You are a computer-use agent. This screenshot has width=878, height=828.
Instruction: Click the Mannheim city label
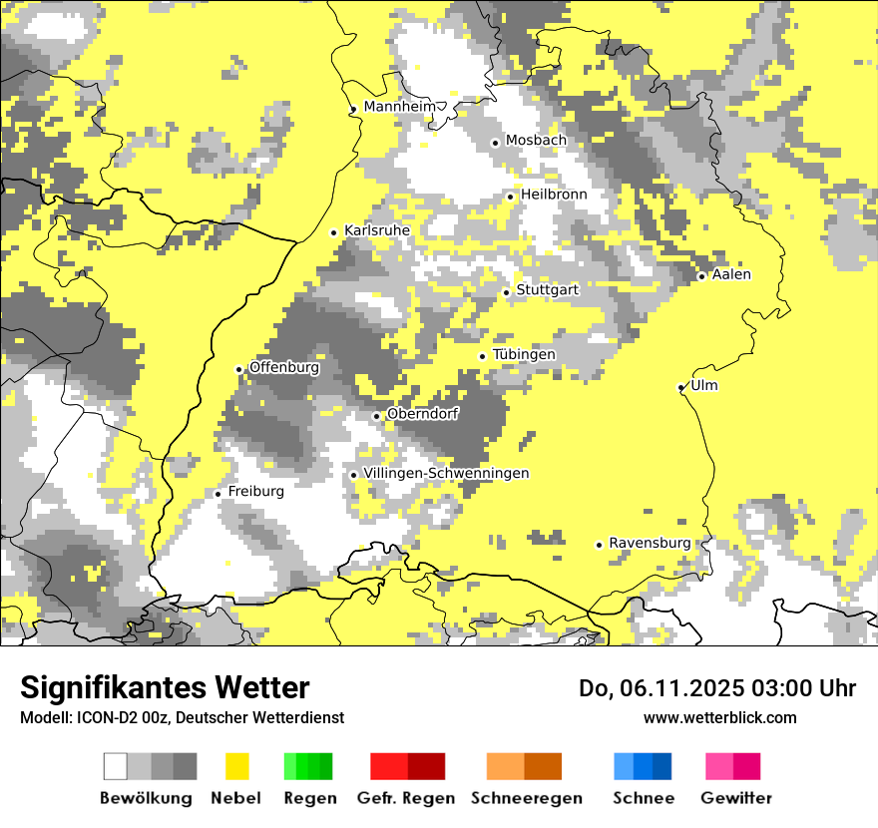[400, 107]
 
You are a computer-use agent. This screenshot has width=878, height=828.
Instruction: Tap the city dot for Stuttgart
[507, 292]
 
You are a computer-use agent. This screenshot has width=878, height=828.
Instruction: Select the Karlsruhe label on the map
[377, 230]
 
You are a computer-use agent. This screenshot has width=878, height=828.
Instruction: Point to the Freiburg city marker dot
[219, 494]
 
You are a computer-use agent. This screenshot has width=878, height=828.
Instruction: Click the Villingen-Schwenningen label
[446, 473]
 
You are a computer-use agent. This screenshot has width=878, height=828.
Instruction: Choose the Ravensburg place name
[650, 543]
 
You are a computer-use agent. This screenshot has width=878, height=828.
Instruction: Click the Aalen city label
[731, 274]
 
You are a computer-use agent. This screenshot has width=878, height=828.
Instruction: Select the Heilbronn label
[554, 195]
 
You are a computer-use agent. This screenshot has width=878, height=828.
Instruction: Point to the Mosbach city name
[536, 141]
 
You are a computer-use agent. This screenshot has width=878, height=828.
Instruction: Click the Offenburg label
[284, 367]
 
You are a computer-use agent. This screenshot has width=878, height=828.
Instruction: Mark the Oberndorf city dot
[376, 416]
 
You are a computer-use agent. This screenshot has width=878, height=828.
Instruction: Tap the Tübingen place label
[524, 354]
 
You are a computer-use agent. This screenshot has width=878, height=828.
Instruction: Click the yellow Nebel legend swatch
[236, 766]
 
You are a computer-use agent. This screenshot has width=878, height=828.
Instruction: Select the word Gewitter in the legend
[736, 798]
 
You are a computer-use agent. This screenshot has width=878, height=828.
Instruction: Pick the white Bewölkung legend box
[116, 766]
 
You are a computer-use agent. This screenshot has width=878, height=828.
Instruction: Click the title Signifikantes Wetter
[165, 687]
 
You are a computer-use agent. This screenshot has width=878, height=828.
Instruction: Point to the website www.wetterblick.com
[719, 717]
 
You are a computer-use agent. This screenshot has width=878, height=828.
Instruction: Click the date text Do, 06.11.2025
[660, 688]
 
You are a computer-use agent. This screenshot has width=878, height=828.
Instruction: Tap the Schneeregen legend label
[527, 798]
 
